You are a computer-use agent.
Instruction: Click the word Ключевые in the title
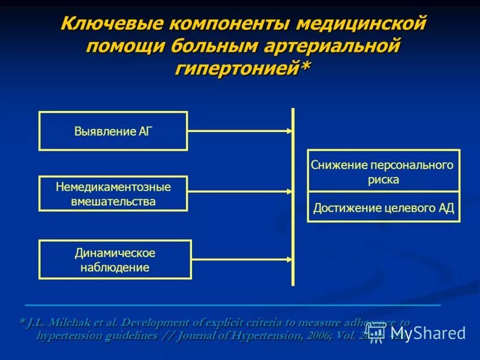(110, 25)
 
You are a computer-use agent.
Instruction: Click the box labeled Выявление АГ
(113, 131)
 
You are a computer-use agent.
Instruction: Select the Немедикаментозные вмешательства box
(113, 194)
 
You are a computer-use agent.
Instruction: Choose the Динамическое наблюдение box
(115, 260)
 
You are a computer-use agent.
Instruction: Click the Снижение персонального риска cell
(383, 172)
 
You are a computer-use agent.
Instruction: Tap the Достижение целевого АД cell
(383, 208)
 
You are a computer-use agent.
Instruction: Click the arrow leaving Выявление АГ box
(240, 131)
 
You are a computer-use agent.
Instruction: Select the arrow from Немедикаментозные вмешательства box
(240, 192)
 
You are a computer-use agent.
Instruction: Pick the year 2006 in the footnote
(317, 335)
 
